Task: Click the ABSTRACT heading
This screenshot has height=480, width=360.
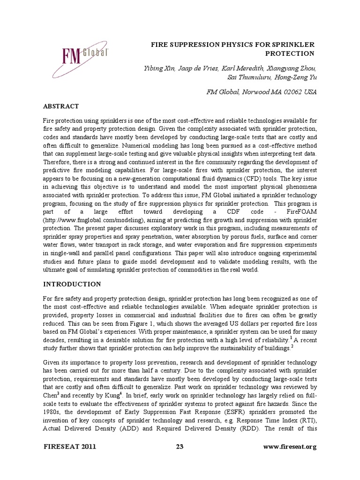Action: point(60,106)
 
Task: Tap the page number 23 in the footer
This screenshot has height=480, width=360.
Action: point(180,447)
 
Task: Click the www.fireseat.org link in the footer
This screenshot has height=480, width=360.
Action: point(291,447)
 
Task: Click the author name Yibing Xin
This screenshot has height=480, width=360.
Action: point(159,69)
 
